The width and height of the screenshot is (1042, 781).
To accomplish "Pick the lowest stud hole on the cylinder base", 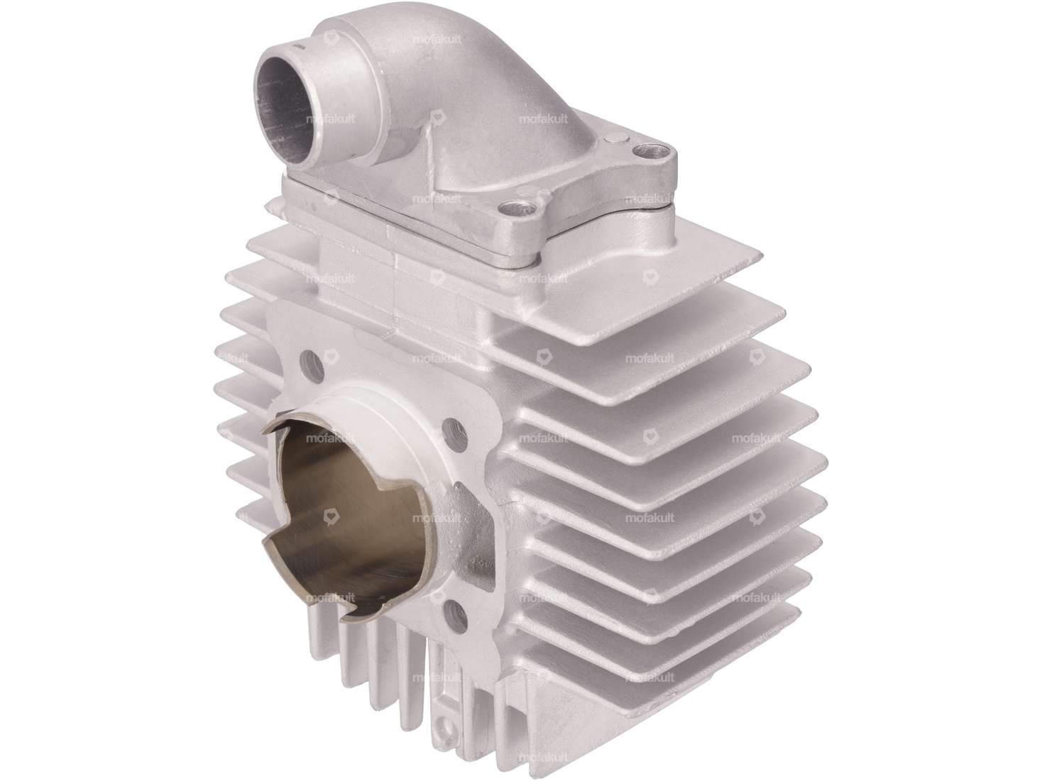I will tap(455, 611).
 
